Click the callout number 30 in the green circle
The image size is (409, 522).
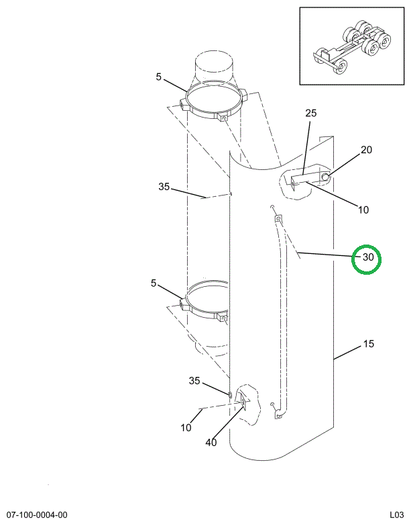[x=368, y=257]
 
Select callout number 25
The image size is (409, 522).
[x=311, y=113]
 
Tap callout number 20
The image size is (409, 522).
[x=366, y=150]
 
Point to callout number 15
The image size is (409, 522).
[x=369, y=343]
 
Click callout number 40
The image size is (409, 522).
[x=211, y=443]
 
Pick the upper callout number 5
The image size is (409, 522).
[x=158, y=77]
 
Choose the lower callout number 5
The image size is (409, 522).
[x=153, y=284]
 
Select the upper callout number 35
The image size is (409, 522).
[x=164, y=187]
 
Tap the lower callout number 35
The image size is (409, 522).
[x=194, y=380]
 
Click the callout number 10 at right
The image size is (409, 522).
[x=363, y=210]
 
